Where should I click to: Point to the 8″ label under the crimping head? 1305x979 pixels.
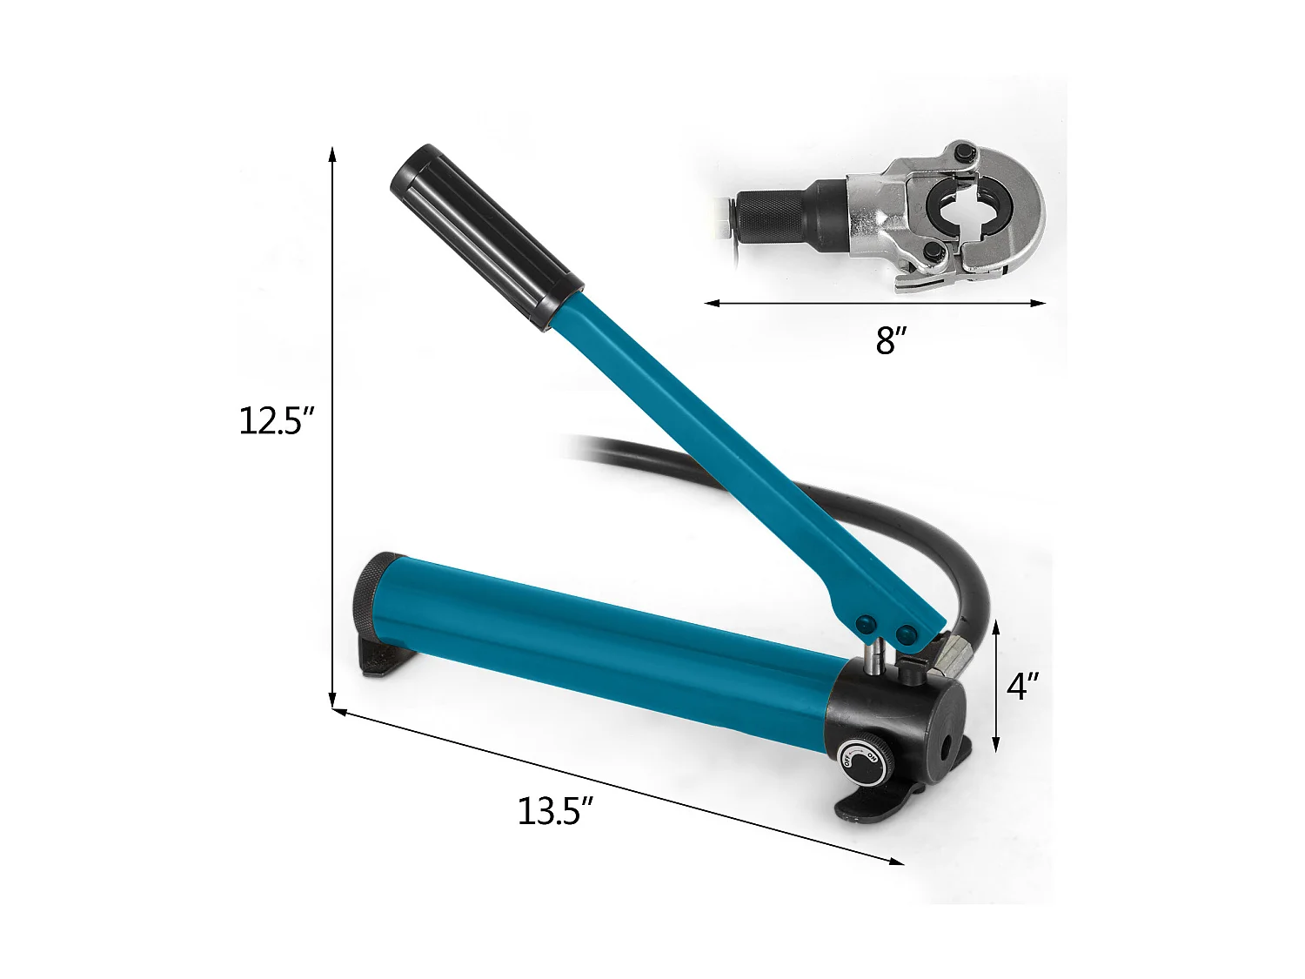tap(886, 341)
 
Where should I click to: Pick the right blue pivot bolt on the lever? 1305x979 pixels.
tap(908, 633)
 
